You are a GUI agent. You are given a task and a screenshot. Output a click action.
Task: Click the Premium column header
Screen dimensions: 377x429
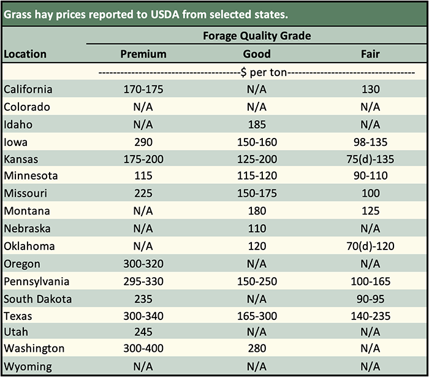tap(143, 54)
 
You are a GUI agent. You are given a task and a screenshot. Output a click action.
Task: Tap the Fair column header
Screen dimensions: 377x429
tap(371, 54)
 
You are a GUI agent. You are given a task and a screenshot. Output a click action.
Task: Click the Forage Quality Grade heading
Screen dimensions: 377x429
tap(257, 36)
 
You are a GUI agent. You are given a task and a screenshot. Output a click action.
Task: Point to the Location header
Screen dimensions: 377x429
tap(25, 54)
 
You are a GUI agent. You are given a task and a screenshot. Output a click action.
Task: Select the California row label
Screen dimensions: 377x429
tap(28, 89)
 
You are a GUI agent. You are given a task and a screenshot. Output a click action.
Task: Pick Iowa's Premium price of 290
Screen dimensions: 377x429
tap(143, 142)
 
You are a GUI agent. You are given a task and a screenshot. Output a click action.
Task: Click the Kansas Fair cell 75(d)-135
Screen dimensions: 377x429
tap(371, 159)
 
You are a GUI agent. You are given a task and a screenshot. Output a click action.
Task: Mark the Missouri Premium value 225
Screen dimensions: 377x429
tap(143, 194)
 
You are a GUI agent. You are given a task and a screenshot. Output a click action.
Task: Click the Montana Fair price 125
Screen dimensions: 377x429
tap(371, 211)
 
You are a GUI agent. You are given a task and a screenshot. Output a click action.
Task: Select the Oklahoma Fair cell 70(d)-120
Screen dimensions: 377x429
tap(371, 246)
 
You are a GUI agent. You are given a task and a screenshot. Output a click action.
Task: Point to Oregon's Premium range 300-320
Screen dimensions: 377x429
tap(143, 264)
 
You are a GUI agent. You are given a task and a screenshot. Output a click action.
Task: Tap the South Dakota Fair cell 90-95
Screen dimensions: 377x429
tap(371, 299)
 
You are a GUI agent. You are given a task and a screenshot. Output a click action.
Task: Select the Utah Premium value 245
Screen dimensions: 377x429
tap(143, 332)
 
